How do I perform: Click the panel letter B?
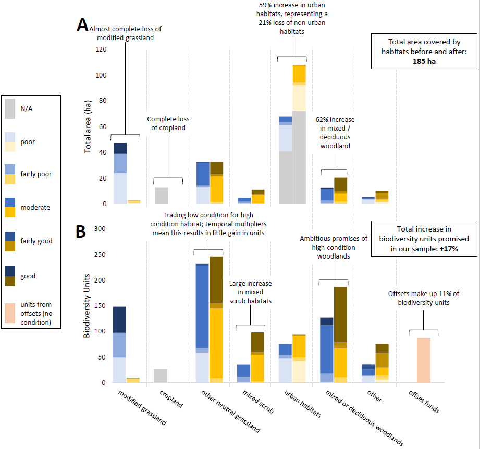81,231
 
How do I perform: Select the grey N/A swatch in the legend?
12,109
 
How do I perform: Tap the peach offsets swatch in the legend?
12,312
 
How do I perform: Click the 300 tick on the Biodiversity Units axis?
100,229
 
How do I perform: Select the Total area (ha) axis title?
88,127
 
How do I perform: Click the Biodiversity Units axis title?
88,307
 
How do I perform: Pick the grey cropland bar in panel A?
162,196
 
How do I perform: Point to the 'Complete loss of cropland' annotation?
168,123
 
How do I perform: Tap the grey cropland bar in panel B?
162,376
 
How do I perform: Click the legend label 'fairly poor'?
36,174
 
